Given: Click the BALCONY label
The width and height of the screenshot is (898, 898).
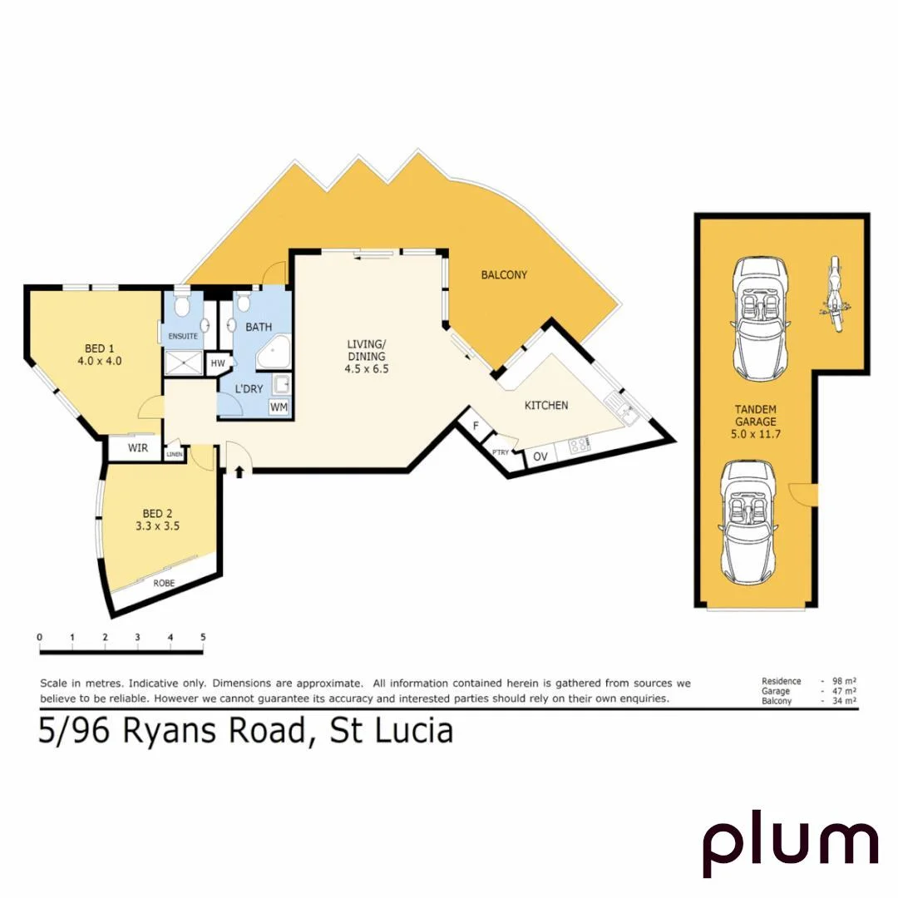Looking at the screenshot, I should coord(504,275).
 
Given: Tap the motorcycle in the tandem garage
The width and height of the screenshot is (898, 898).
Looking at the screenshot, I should coord(832,295).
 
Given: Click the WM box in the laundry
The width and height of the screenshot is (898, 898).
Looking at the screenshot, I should coord(279,407).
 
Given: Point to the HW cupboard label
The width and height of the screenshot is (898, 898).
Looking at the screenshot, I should coord(219,364).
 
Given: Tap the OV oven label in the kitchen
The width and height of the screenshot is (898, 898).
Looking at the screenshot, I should coord(540,456).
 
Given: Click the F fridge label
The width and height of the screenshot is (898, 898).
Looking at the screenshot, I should coord(476,426).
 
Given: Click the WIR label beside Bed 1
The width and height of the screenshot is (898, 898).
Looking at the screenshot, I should coord(137,448).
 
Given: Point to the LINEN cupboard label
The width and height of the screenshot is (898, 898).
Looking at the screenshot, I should coord(175,454).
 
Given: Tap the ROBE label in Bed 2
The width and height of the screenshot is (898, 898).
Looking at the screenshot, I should coord(164,583).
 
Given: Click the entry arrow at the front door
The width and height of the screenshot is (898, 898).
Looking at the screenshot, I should coord(240,472).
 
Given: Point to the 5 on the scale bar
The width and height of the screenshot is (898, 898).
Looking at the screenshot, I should coord(203,637).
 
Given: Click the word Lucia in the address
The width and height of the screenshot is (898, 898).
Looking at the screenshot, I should coord(413,731).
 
